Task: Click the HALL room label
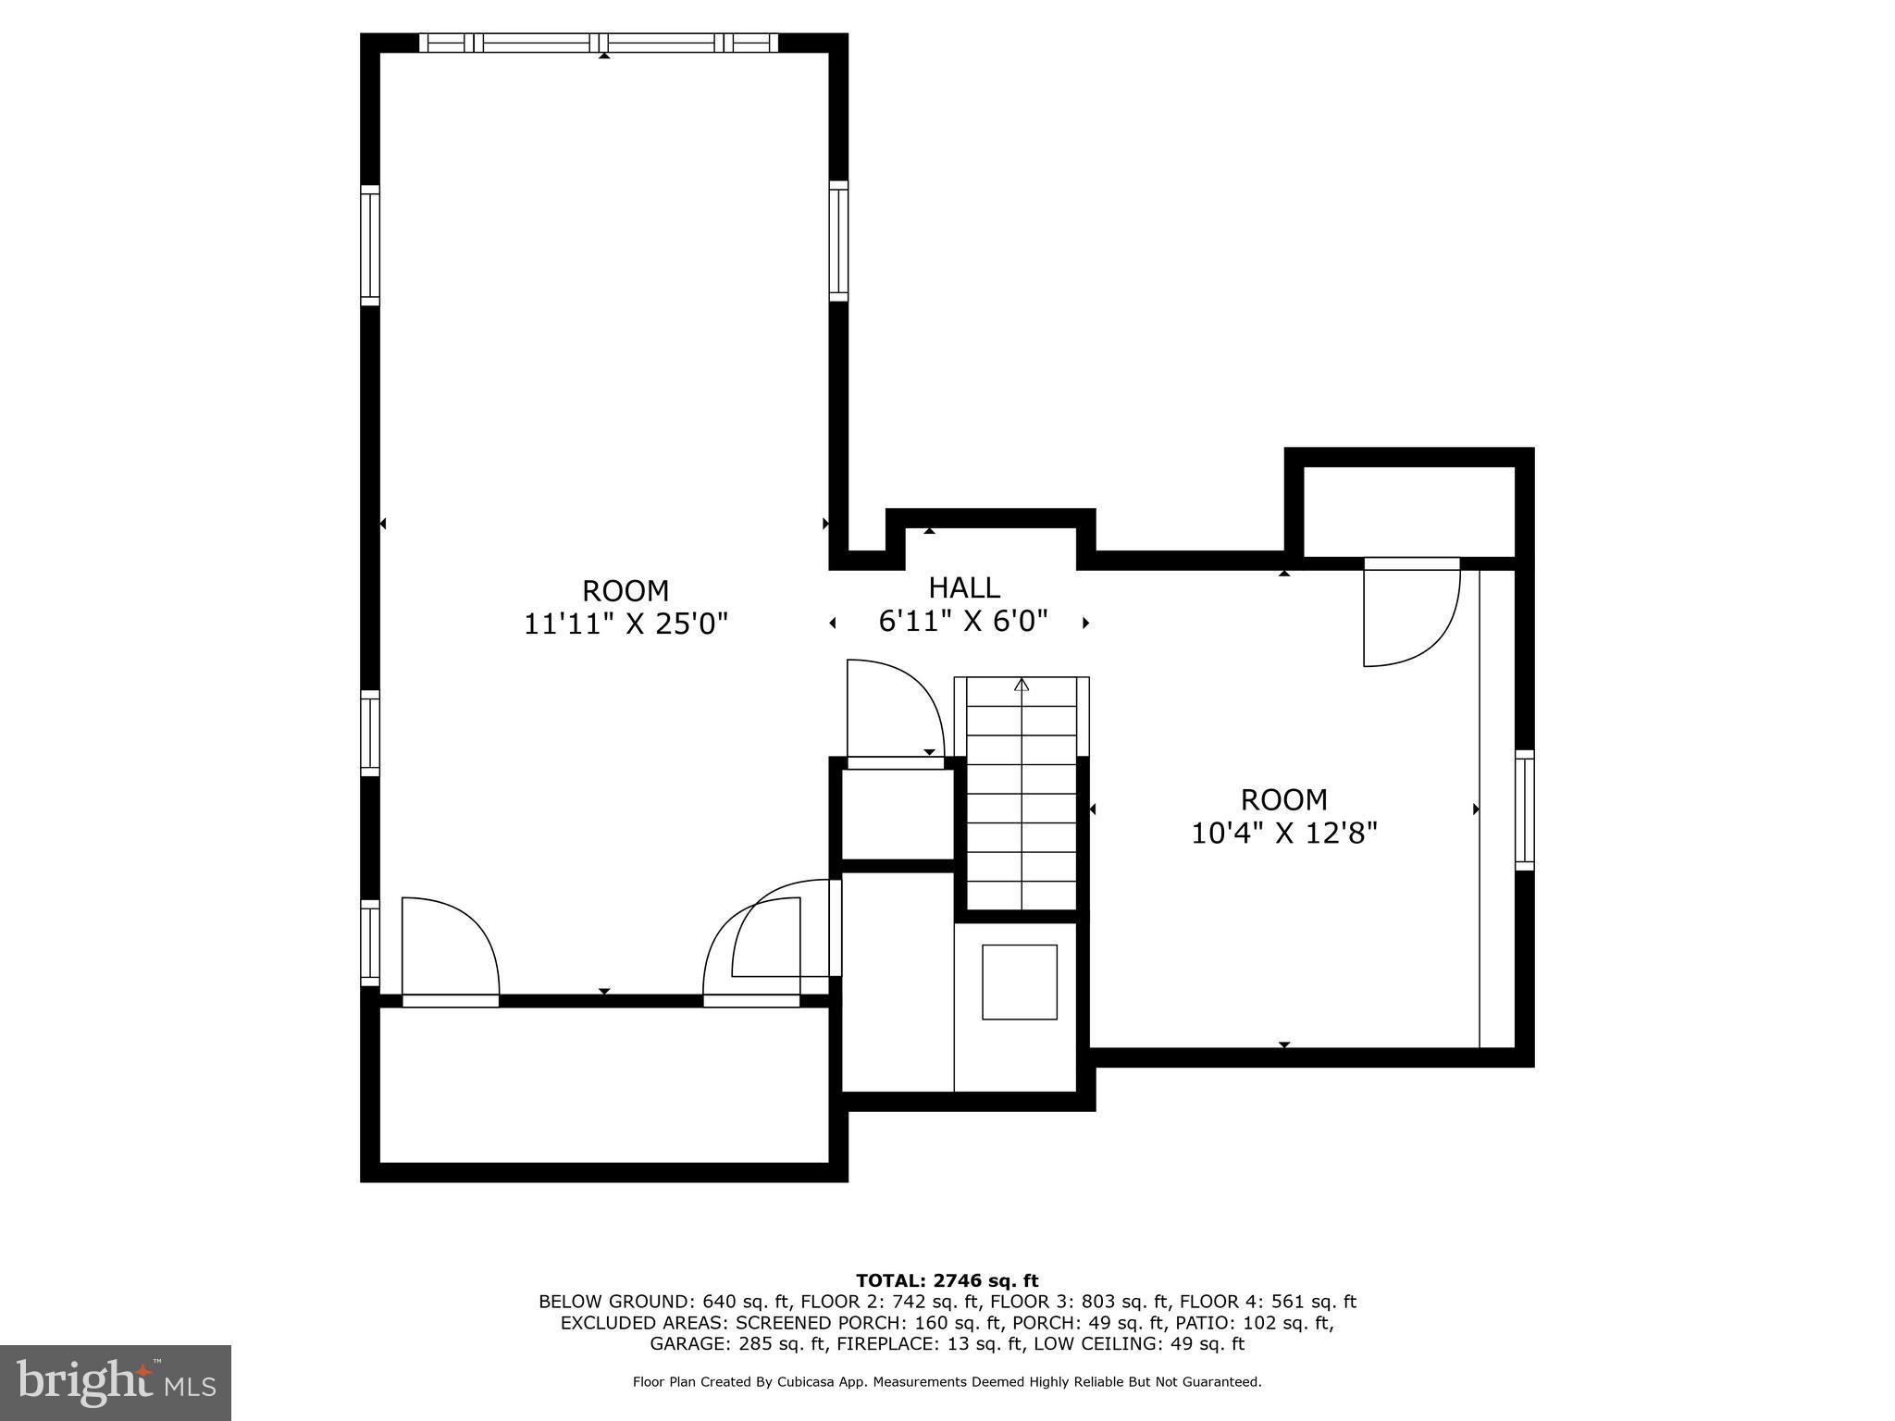pos(964,587)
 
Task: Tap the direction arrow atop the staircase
pos(1022,686)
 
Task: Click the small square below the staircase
pos(1020,982)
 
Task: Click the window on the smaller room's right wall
pos(1524,809)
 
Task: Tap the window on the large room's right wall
pos(838,241)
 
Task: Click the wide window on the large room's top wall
pos(599,43)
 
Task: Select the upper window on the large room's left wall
pos(370,245)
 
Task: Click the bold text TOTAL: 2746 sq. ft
pos(947,1280)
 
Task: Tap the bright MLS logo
pos(116,1382)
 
